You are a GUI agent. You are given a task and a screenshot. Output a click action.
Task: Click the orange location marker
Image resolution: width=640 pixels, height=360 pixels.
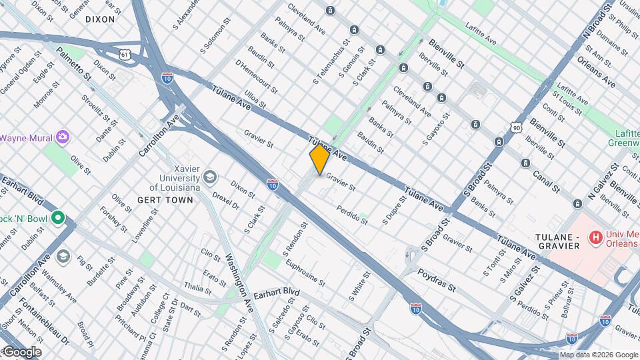(x=319, y=159)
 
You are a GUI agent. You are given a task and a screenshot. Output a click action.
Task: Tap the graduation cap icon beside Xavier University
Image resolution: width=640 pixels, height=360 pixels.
(x=210, y=177)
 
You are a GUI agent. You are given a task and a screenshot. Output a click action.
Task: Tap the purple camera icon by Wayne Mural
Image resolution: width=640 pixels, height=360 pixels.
(x=63, y=137)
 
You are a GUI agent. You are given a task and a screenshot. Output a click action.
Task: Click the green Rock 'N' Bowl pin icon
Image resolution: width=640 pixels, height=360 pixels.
(x=57, y=217)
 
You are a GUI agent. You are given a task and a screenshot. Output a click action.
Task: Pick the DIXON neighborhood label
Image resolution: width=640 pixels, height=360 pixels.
(x=100, y=20)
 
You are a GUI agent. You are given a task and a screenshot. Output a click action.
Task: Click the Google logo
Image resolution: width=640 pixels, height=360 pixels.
(x=21, y=352)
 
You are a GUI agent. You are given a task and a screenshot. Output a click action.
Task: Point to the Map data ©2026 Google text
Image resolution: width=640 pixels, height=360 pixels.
(x=598, y=355)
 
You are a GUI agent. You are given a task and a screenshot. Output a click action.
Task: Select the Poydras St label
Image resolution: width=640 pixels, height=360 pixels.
(x=436, y=281)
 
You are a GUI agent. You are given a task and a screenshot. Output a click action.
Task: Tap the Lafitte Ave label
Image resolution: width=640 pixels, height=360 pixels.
(x=481, y=41)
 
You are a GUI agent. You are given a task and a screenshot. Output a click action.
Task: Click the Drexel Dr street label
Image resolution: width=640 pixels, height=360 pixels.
(x=225, y=201)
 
